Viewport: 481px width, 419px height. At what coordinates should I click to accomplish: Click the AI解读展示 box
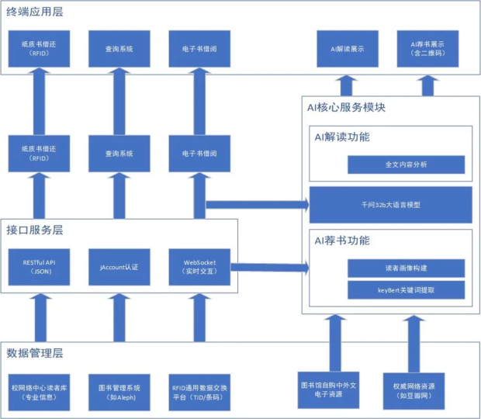tap(347, 49)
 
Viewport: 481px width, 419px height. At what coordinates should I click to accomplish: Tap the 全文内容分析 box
tap(406, 164)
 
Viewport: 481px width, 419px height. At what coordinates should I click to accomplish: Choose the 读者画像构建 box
tap(406, 268)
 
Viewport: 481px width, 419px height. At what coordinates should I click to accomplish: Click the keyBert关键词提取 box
tap(406, 290)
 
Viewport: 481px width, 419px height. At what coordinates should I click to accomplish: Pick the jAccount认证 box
tap(118, 267)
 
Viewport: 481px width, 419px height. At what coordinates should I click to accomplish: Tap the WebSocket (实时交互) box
tap(199, 267)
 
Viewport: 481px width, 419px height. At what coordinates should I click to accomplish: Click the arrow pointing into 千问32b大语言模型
tap(260, 205)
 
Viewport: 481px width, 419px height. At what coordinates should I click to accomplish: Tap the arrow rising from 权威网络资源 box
tap(412, 341)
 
